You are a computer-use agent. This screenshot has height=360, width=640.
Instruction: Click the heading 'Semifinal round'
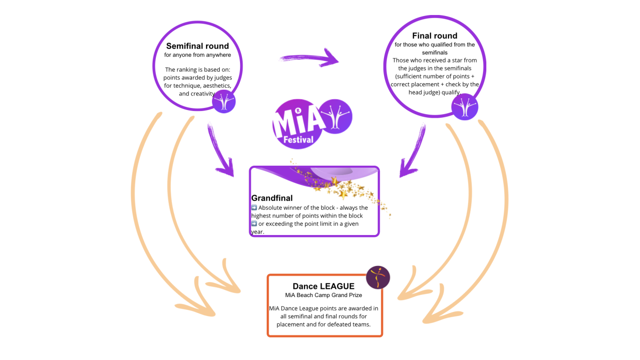coord(197,46)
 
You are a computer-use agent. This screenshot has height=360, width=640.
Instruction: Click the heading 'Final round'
coord(434,36)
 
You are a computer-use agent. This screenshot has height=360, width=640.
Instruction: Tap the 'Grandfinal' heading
coord(272,198)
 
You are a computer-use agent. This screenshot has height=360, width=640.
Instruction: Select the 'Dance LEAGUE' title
coord(323,286)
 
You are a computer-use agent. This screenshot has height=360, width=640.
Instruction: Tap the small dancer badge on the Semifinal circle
coord(224,102)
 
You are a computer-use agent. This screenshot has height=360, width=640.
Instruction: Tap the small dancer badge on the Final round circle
coord(464,107)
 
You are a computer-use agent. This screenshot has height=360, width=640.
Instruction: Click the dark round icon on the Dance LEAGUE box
coord(378,277)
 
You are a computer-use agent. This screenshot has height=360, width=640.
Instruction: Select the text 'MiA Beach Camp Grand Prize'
coord(323,295)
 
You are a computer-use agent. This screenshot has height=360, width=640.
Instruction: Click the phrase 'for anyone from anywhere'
coord(197,55)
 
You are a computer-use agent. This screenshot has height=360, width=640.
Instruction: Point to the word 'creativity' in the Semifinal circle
coord(203,94)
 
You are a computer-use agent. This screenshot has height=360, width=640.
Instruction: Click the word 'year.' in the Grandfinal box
coord(257,232)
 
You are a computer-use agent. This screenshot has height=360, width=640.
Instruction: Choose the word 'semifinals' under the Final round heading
coord(434,52)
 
